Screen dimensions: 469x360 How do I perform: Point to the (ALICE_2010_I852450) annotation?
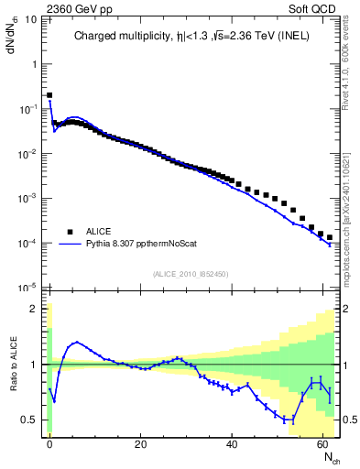coord(191,273)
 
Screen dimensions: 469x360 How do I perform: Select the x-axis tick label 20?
coord(140,443)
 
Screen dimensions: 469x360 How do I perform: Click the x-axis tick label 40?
coord(231,443)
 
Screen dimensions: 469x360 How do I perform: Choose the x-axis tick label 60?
coord(321,443)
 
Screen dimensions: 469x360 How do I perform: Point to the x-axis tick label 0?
coord(49,443)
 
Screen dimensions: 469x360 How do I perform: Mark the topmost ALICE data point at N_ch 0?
coord(49,94)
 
